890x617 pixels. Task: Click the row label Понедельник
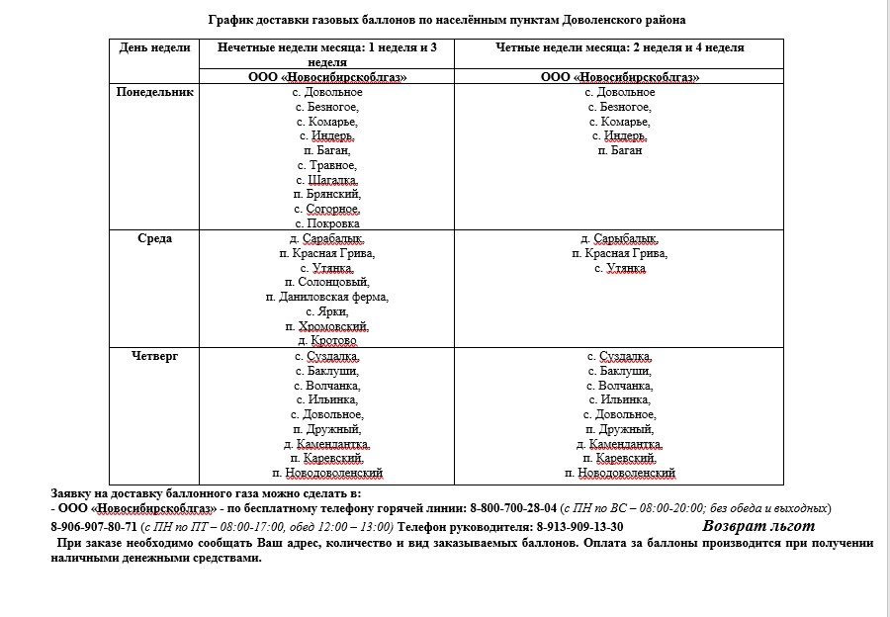[x=155, y=92]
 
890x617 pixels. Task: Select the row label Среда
[x=155, y=238]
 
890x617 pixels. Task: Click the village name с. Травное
[x=327, y=165]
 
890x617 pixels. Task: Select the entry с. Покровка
[x=327, y=223]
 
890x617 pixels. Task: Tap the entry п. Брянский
[x=327, y=195]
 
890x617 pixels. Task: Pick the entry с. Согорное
[x=327, y=210]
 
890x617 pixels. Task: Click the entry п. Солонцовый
[x=327, y=283]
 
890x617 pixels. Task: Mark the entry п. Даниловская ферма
[x=327, y=297]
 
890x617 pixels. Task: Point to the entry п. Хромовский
[x=327, y=326]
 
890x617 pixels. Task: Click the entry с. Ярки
[x=327, y=311]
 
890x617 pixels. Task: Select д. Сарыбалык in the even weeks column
[x=619, y=238]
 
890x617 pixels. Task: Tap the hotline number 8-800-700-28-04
[x=512, y=507]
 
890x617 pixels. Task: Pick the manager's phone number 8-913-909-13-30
[x=579, y=526]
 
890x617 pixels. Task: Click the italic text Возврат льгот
[x=758, y=526]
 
